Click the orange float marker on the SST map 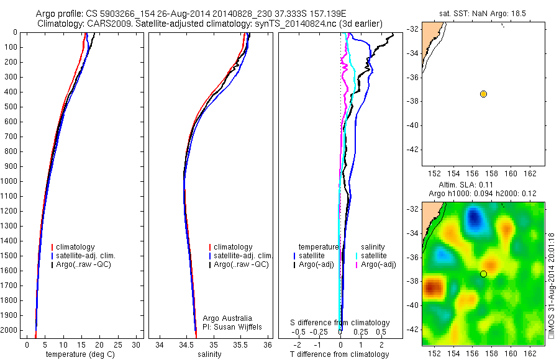pos(483,94)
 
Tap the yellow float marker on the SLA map pos(483,274)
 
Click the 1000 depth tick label pos(10,181)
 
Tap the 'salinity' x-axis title pos(208,354)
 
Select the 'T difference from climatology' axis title pos(340,354)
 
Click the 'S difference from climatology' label pos(340,323)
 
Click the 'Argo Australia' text pos(227,318)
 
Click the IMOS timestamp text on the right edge pos(551,286)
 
